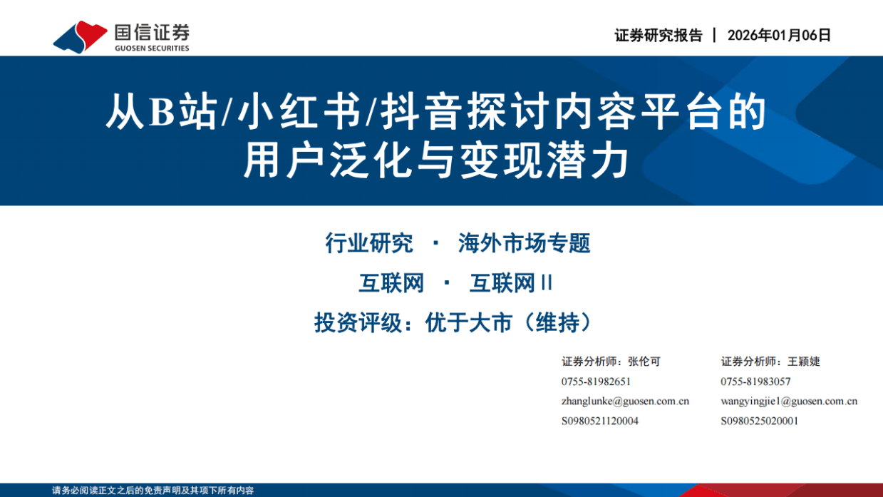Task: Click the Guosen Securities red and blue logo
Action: (x=79, y=36)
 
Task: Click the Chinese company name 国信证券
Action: (x=152, y=31)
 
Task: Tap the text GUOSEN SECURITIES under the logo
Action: (x=152, y=48)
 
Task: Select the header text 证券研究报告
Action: (x=658, y=36)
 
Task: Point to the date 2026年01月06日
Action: (x=779, y=36)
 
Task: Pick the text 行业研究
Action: (x=368, y=244)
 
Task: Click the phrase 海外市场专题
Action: (x=524, y=244)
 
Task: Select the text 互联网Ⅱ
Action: (x=511, y=284)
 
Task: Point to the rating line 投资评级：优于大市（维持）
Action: (x=453, y=323)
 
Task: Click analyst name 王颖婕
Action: (x=804, y=362)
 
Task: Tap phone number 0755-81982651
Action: (x=596, y=381)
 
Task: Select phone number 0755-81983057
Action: (x=755, y=381)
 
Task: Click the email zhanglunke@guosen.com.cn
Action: (x=625, y=401)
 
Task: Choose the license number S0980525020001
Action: (x=759, y=421)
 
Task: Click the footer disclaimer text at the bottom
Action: (x=153, y=491)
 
